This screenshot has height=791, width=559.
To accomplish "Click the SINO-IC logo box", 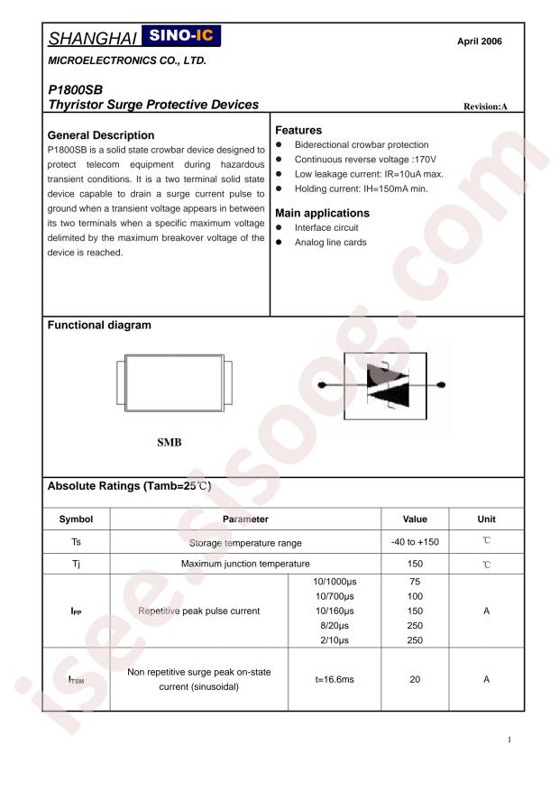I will [x=180, y=37].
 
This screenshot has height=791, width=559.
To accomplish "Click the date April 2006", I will [x=480, y=41].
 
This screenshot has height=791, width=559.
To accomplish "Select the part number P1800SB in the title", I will [x=73, y=90].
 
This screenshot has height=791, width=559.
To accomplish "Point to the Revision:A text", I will [x=485, y=106].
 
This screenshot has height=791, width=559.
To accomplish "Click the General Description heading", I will [x=100, y=135].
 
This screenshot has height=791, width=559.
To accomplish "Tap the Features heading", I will [x=298, y=130].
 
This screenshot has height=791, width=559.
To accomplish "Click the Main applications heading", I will [x=322, y=213].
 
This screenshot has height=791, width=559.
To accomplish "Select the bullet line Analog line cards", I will [x=330, y=242].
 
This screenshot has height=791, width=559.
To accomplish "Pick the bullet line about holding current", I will [x=361, y=188].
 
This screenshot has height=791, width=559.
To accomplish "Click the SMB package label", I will [x=170, y=442].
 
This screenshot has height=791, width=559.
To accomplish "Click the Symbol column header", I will [x=76, y=519].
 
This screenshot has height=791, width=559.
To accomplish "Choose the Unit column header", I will [x=486, y=519].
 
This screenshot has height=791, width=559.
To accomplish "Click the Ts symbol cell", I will [x=76, y=542].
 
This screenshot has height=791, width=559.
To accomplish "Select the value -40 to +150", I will [x=415, y=542].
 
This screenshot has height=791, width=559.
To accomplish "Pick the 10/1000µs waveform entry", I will [x=334, y=582].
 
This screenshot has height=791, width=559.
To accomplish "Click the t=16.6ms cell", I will [x=334, y=679].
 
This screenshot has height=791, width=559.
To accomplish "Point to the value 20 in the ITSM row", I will [x=415, y=679].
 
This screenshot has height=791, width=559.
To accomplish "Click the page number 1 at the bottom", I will [x=509, y=740].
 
